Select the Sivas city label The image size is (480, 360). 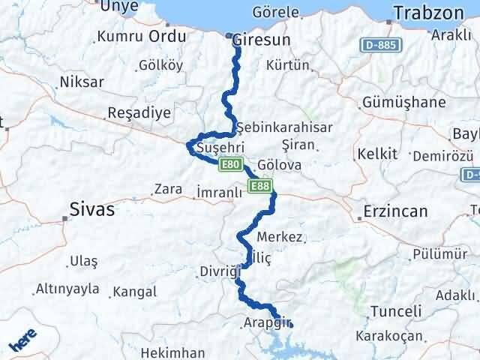(92, 209)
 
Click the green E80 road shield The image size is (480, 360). (230, 163)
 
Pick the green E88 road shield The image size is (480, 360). (259, 185)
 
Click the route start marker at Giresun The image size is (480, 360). (229, 35)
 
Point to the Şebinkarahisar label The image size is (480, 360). (283, 127)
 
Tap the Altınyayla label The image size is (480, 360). (67, 289)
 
